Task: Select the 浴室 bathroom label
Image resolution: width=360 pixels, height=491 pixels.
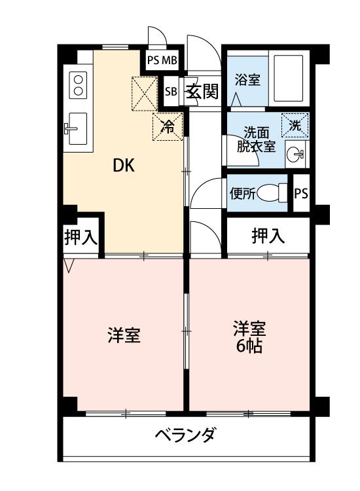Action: point(247,81)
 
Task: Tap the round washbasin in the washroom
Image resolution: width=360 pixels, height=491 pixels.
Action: point(295,155)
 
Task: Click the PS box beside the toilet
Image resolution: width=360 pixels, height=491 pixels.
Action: point(300,194)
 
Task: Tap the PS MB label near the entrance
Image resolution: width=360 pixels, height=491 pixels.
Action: point(162,61)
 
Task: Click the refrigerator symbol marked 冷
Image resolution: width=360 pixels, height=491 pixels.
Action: point(168,127)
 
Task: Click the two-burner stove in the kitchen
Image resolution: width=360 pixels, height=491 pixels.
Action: point(79,83)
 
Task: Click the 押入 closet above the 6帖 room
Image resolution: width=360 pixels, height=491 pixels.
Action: point(268,236)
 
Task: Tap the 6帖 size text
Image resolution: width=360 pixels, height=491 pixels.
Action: point(249,346)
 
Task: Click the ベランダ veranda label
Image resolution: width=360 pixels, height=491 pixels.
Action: point(185,435)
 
